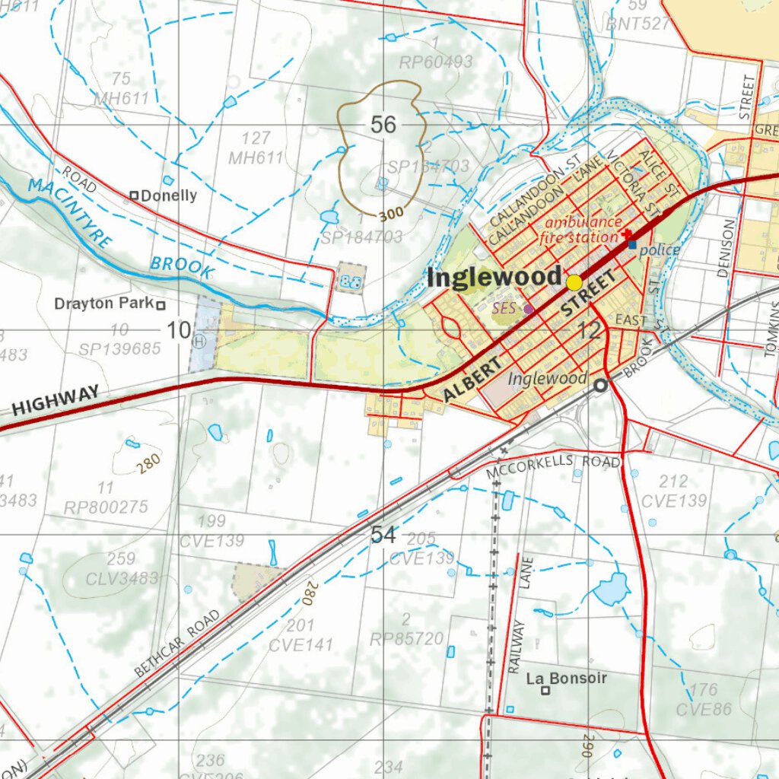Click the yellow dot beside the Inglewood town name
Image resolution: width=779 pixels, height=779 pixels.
(x=574, y=282)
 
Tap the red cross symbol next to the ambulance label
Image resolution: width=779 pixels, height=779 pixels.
(x=627, y=233)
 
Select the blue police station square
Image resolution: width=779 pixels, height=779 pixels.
(x=632, y=245)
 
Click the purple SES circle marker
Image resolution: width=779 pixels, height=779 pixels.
(x=529, y=309)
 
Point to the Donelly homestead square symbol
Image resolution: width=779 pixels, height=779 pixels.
(x=135, y=196)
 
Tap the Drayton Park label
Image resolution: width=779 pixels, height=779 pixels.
(x=103, y=304)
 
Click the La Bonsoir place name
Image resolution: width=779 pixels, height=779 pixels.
(x=567, y=677)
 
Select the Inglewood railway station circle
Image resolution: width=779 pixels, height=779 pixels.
(x=600, y=386)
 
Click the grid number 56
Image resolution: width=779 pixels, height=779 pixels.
(x=383, y=125)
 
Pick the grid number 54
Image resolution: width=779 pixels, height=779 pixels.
(x=383, y=536)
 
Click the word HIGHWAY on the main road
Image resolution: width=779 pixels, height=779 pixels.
(x=56, y=400)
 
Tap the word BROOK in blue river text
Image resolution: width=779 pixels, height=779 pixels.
(x=181, y=265)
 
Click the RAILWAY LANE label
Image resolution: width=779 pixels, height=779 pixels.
(x=521, y=616)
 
